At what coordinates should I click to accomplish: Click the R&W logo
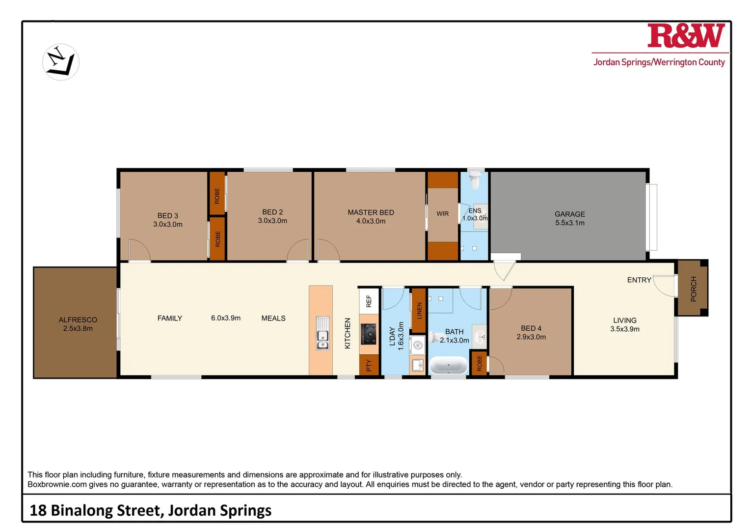[686, 36]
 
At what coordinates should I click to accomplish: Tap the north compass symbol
[61, 62]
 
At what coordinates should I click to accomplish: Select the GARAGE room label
[569, 214]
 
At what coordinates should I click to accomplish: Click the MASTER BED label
[371, 212]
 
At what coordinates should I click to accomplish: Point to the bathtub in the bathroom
[449, 366]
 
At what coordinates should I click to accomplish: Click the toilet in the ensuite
[475, 180]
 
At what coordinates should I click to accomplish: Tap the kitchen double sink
[322, 334]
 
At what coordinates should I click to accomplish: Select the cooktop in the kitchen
[369, 334]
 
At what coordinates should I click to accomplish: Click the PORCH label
[693, 289]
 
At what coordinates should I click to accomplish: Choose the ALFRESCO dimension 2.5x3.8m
[78, 329]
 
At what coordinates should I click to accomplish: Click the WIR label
[442, 214]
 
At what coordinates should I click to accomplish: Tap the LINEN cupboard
[419, 311]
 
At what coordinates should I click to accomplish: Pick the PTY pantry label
[369, 365]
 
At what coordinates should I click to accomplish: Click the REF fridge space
[369, 300]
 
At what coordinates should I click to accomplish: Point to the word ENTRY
[639, 280]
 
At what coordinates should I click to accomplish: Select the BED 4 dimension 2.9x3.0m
[531, 337]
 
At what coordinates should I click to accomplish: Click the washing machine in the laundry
[417, 345]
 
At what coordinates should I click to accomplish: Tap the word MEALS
[273, 318]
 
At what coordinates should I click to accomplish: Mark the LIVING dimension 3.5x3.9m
[624, 329]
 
